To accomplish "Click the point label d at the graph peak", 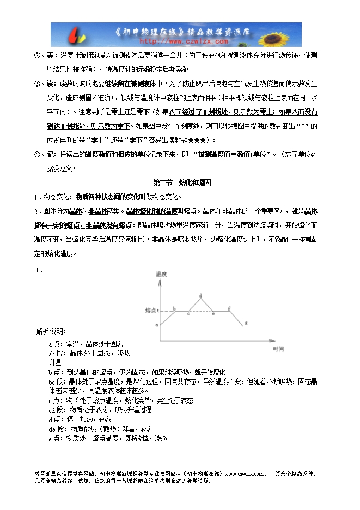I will pyautogui.click(x=201, y=296).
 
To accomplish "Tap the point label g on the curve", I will pyautogui.click(x=246, y=323).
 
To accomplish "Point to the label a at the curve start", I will pyautogui.click(x=157, y=325).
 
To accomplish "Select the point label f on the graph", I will pyautogui.click(x=229, y=308).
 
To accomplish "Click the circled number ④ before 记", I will pyautogui.click(x=37, y=155).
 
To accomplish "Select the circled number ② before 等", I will pyautogui.click(x=37, y=56).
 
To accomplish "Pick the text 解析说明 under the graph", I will pyautogui.click(x=51, y=331).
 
